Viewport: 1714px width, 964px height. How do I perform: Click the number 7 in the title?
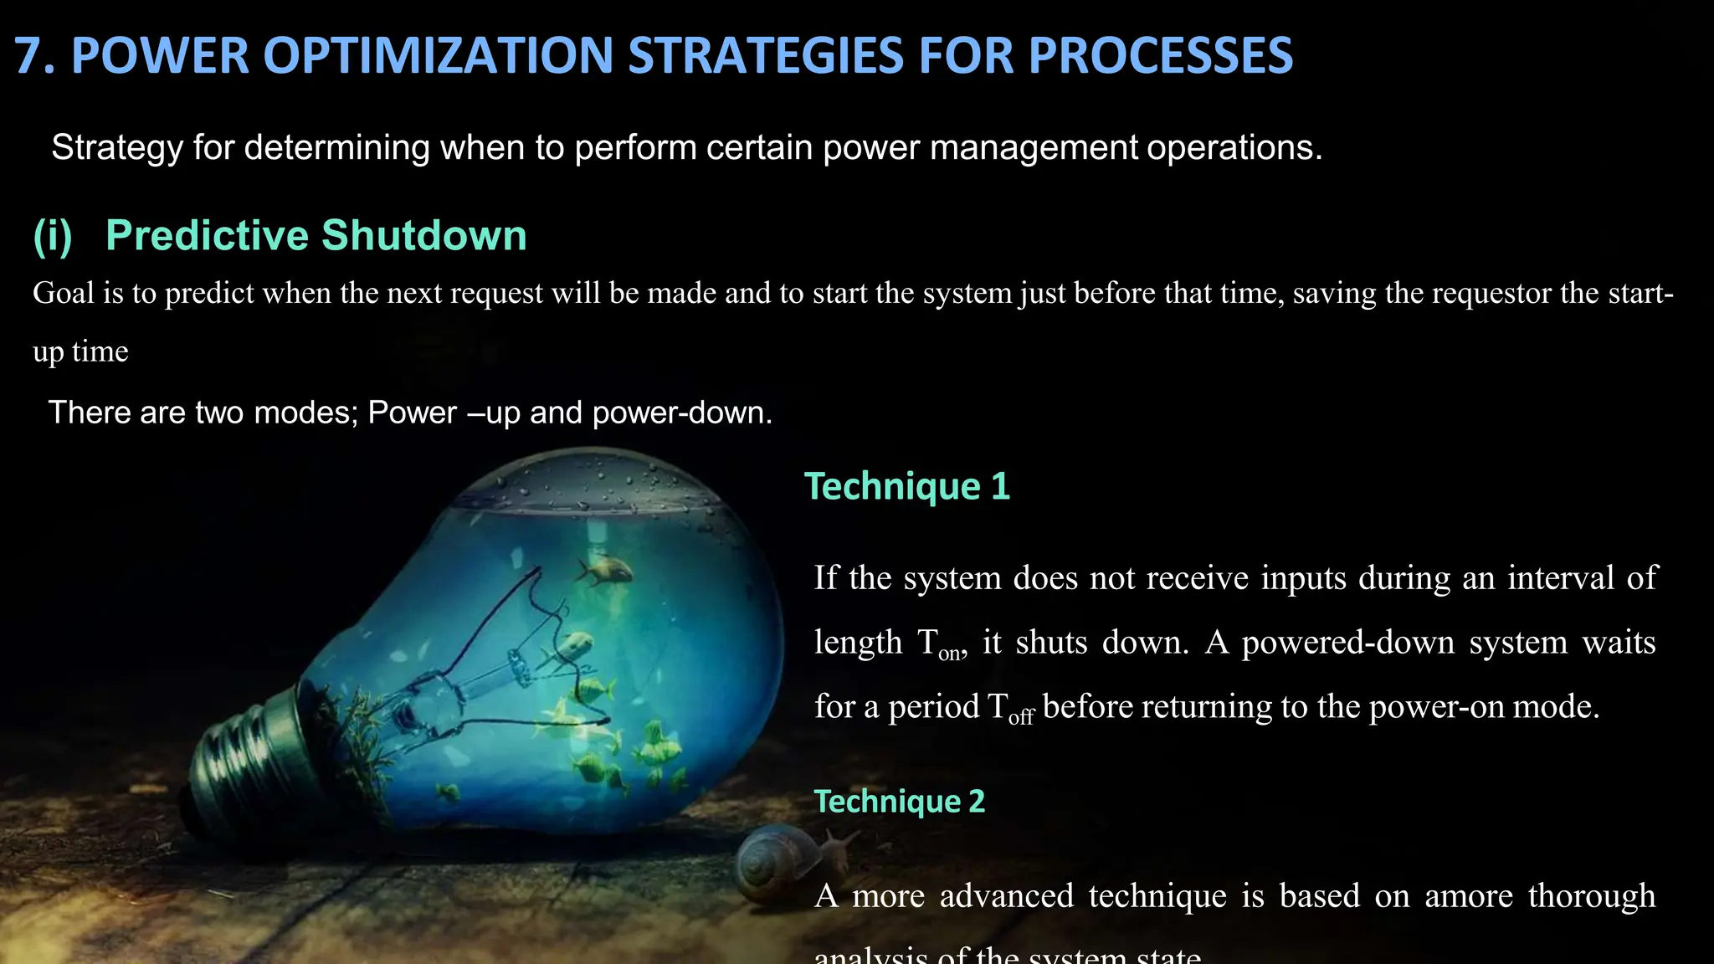pos(30,56)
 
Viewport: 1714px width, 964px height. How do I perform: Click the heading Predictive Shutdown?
pos(316,235)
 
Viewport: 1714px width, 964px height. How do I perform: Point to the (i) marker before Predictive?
pos(53,236)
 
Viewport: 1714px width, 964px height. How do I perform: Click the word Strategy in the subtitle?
pos(116,147)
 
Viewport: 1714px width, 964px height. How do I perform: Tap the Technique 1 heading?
pos(907,486)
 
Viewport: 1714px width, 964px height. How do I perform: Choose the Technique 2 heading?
pos(900,802)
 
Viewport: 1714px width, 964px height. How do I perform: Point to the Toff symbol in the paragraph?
pos(1010,709)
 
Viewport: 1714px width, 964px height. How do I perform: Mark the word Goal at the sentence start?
pos(63,293)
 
